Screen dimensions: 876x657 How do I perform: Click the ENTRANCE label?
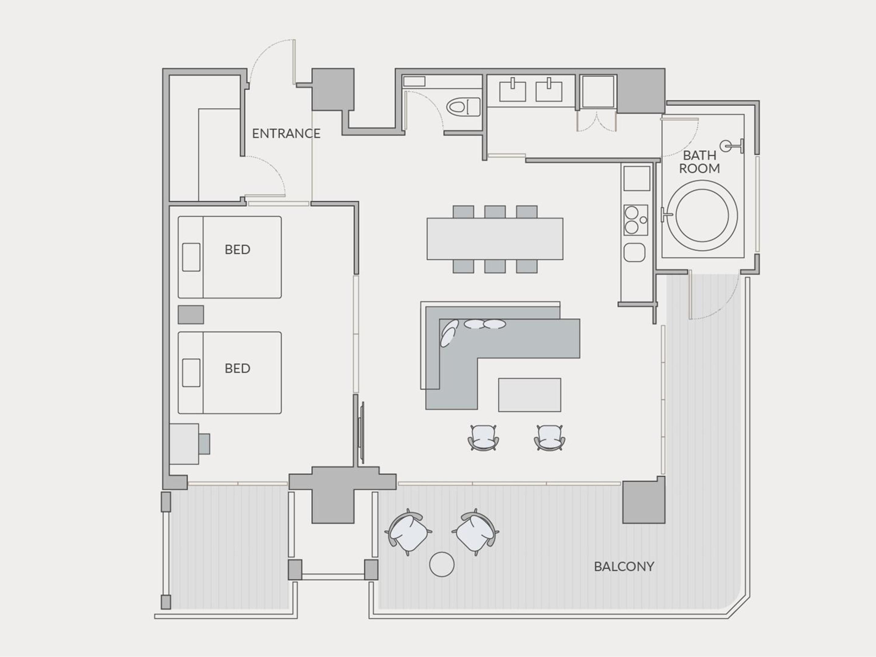pos(286,134)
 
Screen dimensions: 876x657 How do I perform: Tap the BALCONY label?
pos(624,567)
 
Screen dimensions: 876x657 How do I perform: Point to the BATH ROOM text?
pos(699,162)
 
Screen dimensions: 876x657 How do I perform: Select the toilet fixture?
pos(463,107)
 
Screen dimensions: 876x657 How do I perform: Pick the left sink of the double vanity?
pos(513,91)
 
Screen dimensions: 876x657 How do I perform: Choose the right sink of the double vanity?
pos(549,91)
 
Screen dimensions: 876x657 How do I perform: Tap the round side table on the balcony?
pos(442,564)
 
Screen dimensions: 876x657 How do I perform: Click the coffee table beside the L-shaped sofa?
pos(530,395)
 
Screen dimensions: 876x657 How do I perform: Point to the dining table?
pos(495,239)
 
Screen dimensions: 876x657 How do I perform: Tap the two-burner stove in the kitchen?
pos(636,220)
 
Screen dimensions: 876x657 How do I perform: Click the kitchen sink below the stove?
pos(634,252)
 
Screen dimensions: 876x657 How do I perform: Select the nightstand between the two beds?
pos(191,315)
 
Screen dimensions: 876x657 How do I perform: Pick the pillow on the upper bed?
pos(191,257)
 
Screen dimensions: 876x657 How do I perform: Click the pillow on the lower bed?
pos(191,373)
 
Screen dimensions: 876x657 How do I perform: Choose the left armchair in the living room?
pos(483,438)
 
